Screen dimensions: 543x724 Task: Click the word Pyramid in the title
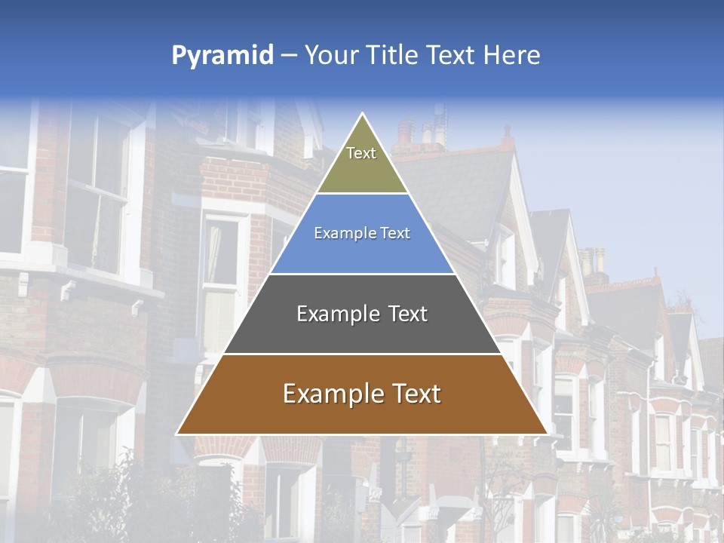coord(222,56)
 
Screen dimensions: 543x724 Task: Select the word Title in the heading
coord(391,56)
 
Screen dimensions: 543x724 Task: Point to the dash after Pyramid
coord(289,56)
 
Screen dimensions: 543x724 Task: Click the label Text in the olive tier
coord(361,153)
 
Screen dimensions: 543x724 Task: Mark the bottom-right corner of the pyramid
coord(547,434)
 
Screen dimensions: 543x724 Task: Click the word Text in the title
coord(451,56)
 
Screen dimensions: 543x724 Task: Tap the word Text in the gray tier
coord(408,314)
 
